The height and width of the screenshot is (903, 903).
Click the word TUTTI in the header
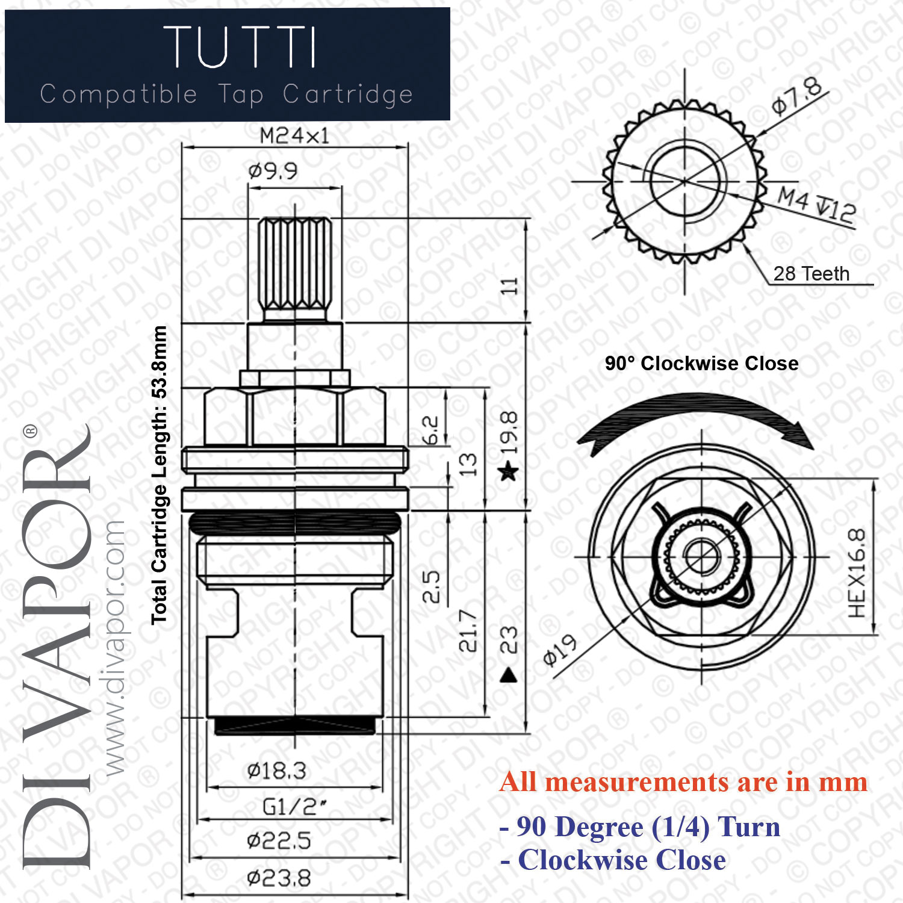pyautogui.click(x=240, y=47)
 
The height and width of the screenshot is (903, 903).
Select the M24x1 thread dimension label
pyautogui.click(x=294, y=136)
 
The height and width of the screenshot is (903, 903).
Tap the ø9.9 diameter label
pyautogui.click(x=273, y=172)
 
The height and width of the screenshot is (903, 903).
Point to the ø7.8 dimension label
pyautogui.click(x=797, y=96)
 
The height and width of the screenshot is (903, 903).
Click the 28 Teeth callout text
pyautogui.click(x=811, y=274)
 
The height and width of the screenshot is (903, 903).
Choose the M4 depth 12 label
pyautogui.click(x=816, y=205)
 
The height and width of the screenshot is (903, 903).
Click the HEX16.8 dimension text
pyautogui.click(x=856, y=573)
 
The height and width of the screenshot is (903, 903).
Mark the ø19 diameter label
pyautogui.click(x=560, y=650)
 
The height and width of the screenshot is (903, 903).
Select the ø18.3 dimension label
pyautogui.click(x=276, y=771)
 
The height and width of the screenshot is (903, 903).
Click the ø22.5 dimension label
pyautogui.click(x=279, y=840)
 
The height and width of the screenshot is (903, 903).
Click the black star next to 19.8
pyautogui.click(x=509, y=471)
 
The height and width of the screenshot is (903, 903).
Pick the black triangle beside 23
pyautogui.click(x=509, y=675)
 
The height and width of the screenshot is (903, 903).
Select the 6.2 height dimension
pyautogui.click(x=430, y=430)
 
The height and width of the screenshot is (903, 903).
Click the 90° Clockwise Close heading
pyautogui.click(x=701, y=364)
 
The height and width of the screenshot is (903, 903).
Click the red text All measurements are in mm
pyautogui.click(x=683, y=783)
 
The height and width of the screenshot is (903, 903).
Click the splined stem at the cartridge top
pyautogui.click(x=295, y=265)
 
